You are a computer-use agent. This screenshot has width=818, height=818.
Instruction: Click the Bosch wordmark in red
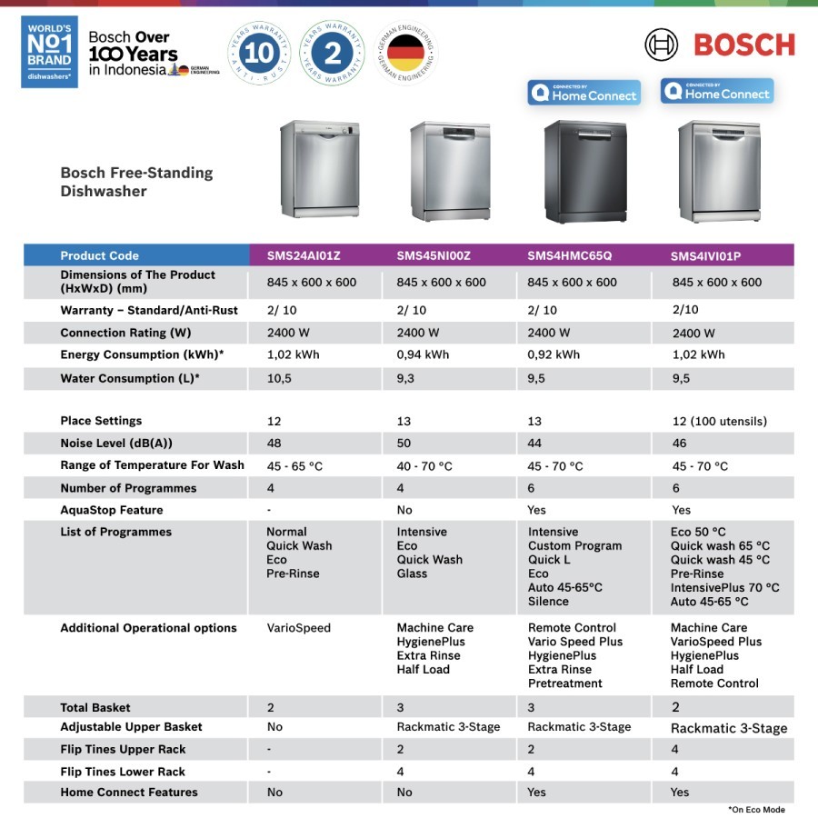pyautogui.click(x=743, y=45)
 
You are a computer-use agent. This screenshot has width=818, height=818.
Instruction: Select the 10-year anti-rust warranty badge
pyautogui.click(x=259, y=53)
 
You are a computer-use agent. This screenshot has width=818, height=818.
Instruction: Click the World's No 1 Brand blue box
pyautogui.click(x=49, y=52)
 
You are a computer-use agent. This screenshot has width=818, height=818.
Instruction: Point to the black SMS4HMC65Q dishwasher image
pyautogui.click(x=584, y=171)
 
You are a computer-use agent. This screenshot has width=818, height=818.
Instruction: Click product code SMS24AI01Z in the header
pyautogui.click(x=304, y=256)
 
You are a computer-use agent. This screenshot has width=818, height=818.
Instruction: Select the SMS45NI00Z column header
pyautogui.click(x=434, y=256)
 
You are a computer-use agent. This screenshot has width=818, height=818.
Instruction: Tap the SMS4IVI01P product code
pyautogui.click(x=706, y=256)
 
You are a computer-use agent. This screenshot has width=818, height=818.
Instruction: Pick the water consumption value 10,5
pyautogui.click(x=279, y=379)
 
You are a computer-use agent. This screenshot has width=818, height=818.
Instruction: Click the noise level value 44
pyautogui.click(x=535, y=444)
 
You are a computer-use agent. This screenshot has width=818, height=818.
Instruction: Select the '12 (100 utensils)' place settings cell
pyautogui.click(x=720, y=422)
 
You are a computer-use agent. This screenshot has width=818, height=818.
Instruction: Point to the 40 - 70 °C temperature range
pyautogui.click(x=424, y=466)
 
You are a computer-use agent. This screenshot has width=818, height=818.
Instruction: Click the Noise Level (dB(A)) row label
pyautogui.click(x=116, y=444)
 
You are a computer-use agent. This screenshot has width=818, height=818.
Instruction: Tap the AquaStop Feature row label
pyautogui.click(x=112, y=511)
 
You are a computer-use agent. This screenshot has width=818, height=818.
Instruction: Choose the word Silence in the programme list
pyautogui.click(x=548, y=602)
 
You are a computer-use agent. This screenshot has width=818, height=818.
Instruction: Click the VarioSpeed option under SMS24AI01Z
pyautogui.click(x=298, y=628)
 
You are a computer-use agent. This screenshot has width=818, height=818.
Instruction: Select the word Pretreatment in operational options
pyautogui.click(x=565, y=683)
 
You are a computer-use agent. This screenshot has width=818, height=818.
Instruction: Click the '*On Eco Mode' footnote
pyautogui.click(x=756, y=809)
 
